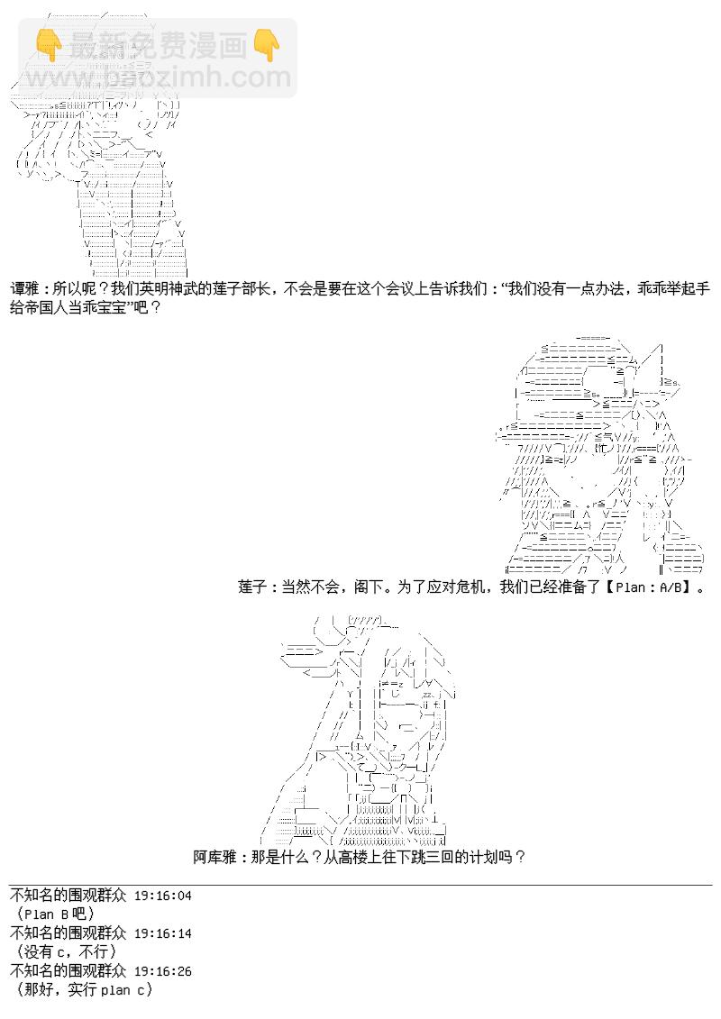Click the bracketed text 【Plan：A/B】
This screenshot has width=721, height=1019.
point(652,587)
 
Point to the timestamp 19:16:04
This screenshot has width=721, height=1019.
point(162,896)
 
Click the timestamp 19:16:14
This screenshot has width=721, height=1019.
point(162,933)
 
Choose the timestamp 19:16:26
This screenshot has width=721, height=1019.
point(162,971)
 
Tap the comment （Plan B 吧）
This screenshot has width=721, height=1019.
point(56,914)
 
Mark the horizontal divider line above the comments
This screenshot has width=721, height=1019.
point(360,885)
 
